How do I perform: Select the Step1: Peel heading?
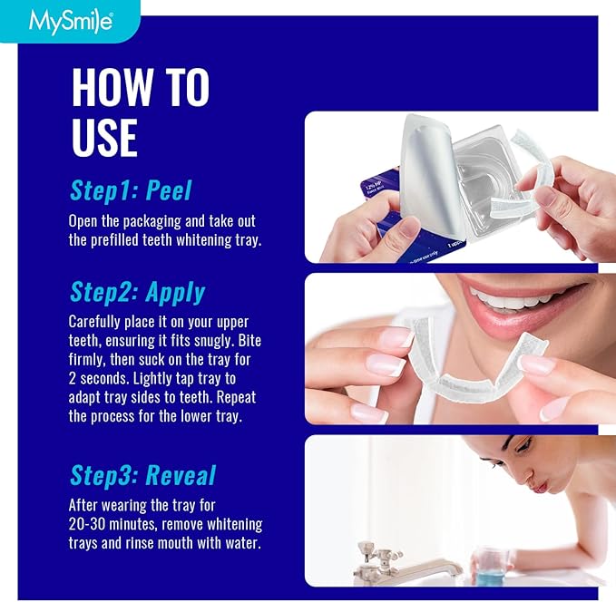(x=131, y=190)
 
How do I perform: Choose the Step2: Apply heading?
(x=137, y=292)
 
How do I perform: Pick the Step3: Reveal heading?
(x=142, y=476)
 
